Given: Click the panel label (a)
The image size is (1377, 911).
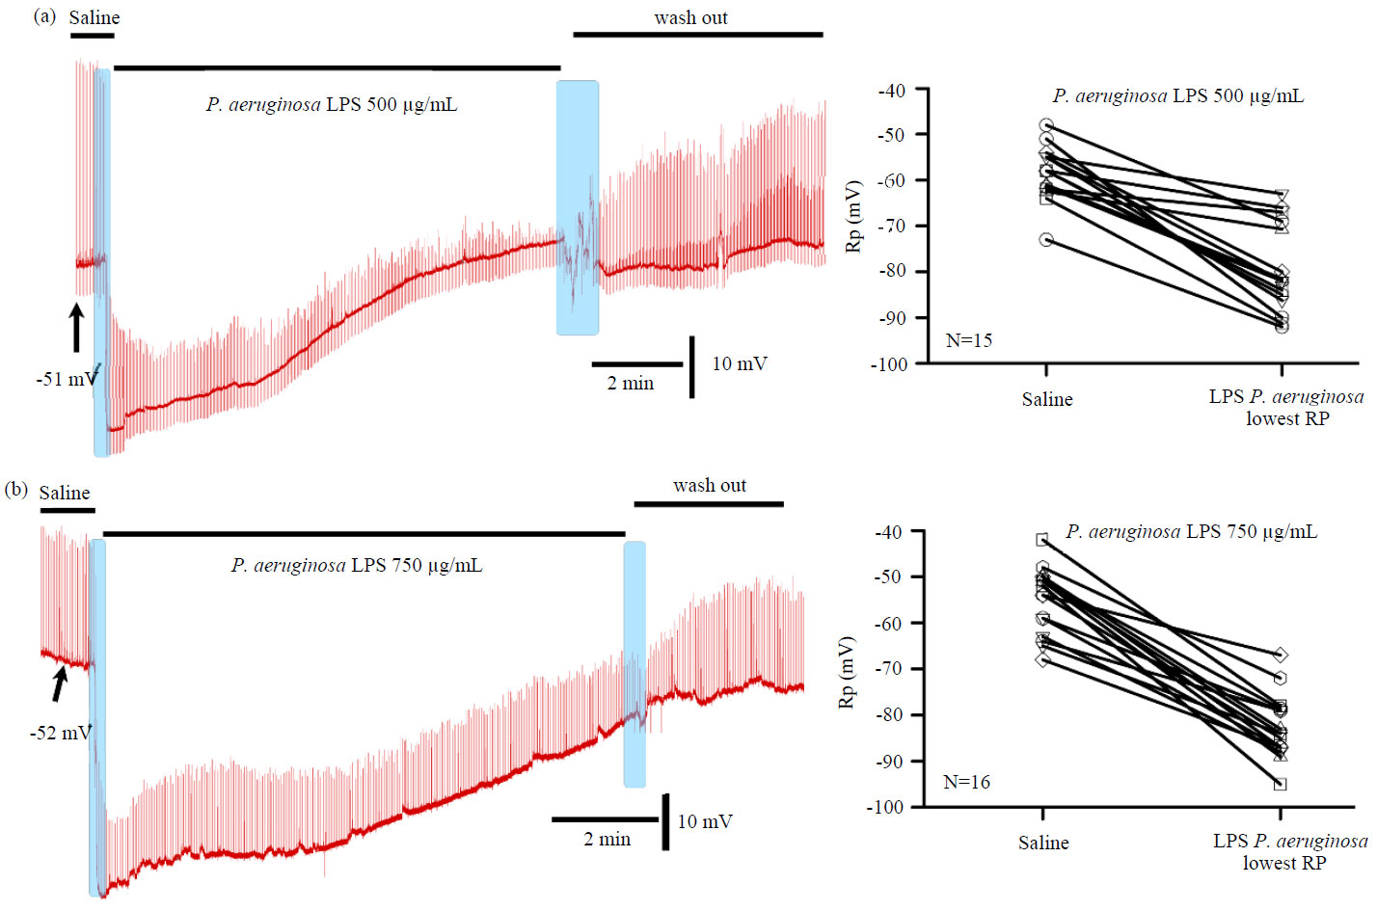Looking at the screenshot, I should tap(44, 16).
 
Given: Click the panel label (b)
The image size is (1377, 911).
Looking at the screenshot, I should tap(16, 490).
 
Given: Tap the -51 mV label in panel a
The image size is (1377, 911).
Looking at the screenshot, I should tap(67, 379).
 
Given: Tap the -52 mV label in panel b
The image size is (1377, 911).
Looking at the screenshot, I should tap(60, 733).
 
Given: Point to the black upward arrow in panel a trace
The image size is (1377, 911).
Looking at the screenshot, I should tap(76, 328).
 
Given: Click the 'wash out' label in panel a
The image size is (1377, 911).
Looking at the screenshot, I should tap(690, 17).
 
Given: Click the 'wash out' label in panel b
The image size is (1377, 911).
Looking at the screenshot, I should tap(710, 485).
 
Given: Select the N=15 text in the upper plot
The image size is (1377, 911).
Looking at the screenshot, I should tap(968, 340).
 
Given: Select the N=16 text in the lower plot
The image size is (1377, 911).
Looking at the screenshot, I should tap(966, 782).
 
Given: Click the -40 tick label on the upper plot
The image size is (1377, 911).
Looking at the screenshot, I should tap(891, 91).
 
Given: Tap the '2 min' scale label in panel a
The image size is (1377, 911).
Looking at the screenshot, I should tap(631, 383).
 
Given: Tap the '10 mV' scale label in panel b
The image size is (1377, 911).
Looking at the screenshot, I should tap(705, 821).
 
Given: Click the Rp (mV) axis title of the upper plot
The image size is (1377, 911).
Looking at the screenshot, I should tap(853, 216).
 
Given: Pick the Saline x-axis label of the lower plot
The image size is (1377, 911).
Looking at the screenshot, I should tap(1043, 843).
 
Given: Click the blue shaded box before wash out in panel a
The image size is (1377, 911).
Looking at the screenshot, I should tap(577, 207).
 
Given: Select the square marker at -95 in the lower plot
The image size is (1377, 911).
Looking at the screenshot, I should tap(1281, 784).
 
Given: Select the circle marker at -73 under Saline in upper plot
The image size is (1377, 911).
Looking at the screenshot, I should tap(1046, 239).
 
